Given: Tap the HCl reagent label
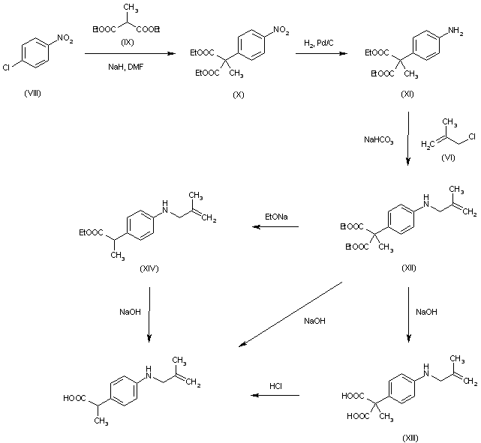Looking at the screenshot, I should point(275,386).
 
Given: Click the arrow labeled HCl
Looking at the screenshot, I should point(275,396).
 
